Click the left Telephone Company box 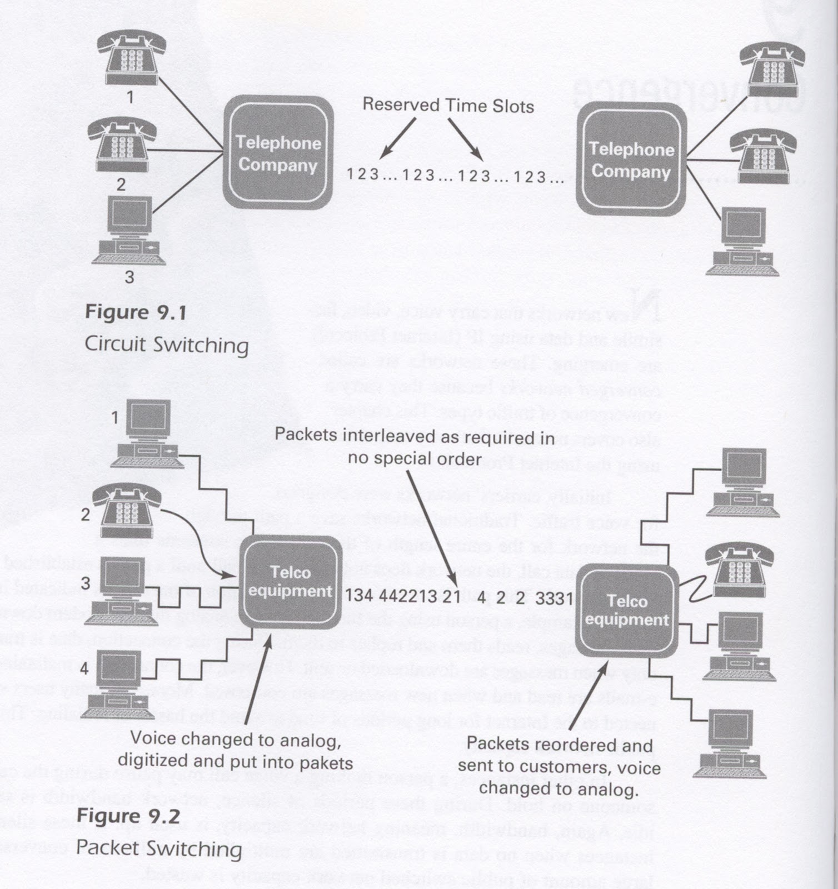point(278,153)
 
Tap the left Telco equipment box point(290,582)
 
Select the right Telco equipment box point(627,610)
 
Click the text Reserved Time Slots point(448,106)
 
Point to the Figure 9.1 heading point(136,312)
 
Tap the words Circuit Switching point(166,344)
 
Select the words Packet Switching point(158,848)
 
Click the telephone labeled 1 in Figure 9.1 point(132,57)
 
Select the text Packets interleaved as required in point(415,436)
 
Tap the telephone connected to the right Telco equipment point(739,570)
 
